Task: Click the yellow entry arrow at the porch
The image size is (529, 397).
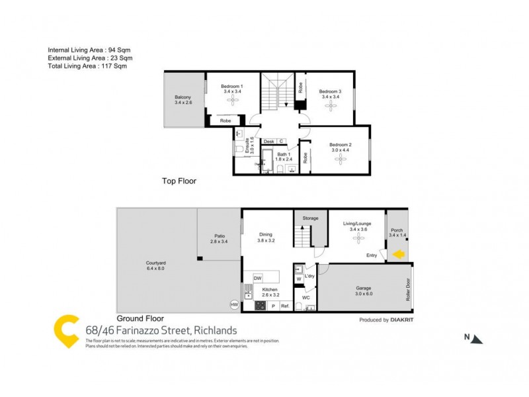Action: [x=399, y=254]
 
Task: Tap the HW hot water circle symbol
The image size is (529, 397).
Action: [x=234, y=305]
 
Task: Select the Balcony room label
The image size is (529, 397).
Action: [x=183, y=100]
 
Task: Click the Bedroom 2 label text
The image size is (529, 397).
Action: [x=341, y=147]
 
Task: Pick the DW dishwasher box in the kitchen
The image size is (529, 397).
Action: [x=258, y=278]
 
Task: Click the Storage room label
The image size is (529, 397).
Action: [x=311, y=218]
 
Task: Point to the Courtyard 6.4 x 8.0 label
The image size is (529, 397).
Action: [x=156, y=265]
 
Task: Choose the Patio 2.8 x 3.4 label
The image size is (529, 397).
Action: [x=219, y=240]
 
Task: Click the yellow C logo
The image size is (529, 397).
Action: [x=67, y=330]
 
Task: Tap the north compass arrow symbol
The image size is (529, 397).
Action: [x=477, y=339]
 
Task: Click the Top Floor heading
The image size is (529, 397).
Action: [x=179, y=181]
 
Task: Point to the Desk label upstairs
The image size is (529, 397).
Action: [x=268, y=142]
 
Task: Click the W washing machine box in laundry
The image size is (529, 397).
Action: [x=298, y=279]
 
